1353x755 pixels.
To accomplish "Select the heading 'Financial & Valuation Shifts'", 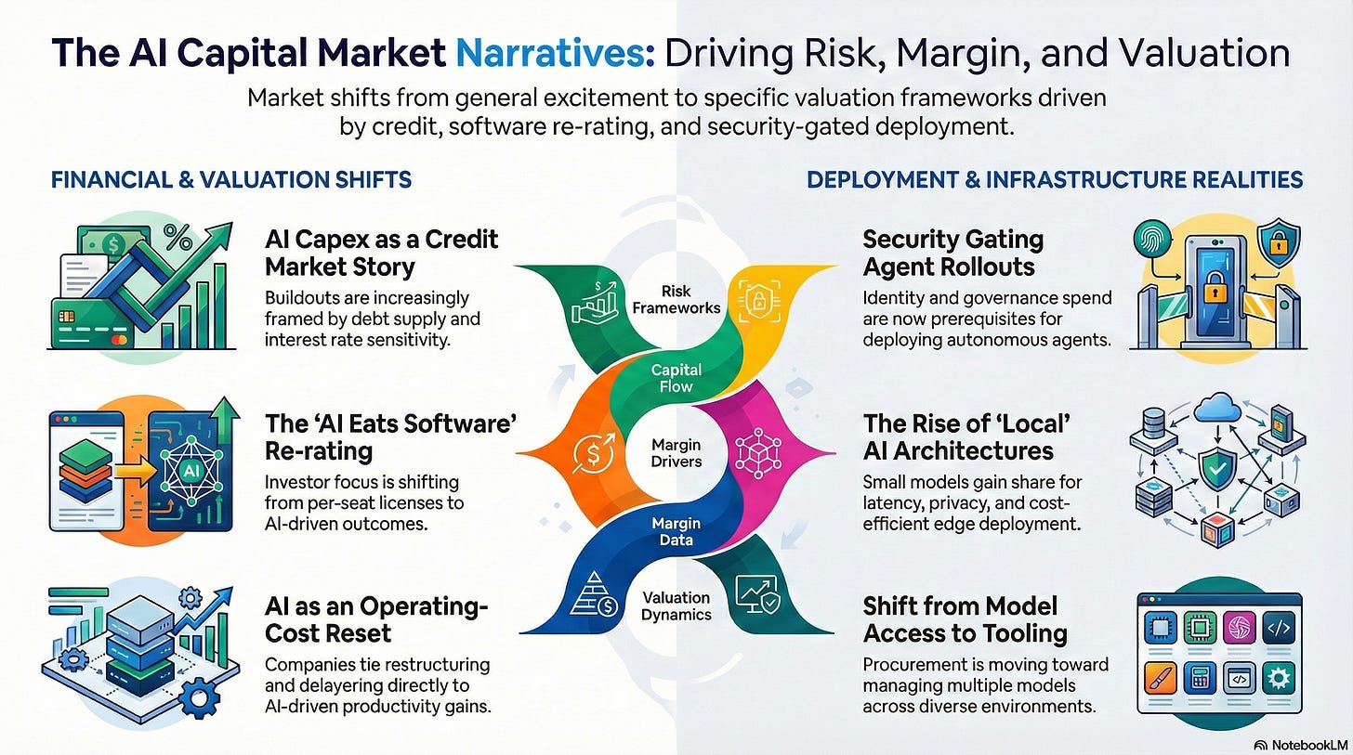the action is point(231,179).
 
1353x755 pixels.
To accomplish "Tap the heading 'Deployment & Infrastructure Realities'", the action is point(1055,179).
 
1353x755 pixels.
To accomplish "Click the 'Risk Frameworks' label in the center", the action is point(676,299).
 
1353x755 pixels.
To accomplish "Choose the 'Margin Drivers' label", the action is point(676,452).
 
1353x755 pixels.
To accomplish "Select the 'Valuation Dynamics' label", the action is point(676,605).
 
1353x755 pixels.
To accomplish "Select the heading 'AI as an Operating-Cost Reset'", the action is point(376,619).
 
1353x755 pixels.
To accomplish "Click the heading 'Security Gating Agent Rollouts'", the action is point(952,253).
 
